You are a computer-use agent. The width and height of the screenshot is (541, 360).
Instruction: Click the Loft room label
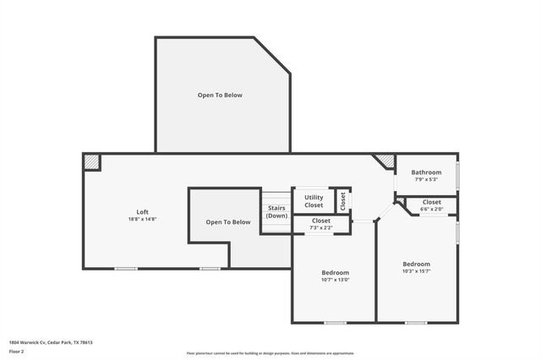(142, 211)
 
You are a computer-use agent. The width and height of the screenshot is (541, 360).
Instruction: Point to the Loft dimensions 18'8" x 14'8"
(142, 219)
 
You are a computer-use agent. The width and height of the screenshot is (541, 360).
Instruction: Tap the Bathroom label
(426, 172)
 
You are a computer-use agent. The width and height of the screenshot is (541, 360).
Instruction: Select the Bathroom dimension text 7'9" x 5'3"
(426, 179)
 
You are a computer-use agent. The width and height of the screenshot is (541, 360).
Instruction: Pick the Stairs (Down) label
(276, 211)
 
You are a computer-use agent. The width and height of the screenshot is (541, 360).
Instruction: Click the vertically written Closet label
(342, 200)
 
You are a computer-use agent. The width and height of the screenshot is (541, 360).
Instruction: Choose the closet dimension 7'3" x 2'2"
(321, 227)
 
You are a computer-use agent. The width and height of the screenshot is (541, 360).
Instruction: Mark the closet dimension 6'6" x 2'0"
(431, 210)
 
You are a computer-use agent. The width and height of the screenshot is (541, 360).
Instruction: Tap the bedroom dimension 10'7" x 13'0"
(335, 280)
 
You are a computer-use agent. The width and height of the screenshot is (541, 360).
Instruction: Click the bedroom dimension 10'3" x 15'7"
(416, 271)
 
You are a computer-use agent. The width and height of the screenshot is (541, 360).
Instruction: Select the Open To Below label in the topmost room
(220, 95)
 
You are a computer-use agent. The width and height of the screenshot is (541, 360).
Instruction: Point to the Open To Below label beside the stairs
(228, 222)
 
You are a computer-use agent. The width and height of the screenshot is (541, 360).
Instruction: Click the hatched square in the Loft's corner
(91, 161)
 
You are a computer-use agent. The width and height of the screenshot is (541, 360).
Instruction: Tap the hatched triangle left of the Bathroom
(385, 160)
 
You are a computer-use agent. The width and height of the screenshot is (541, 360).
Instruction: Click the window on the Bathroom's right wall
(457, 174)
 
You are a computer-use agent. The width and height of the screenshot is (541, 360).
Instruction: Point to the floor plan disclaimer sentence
(270, 353)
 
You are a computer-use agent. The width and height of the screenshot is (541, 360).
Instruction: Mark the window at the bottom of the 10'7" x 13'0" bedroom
(335, 322)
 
